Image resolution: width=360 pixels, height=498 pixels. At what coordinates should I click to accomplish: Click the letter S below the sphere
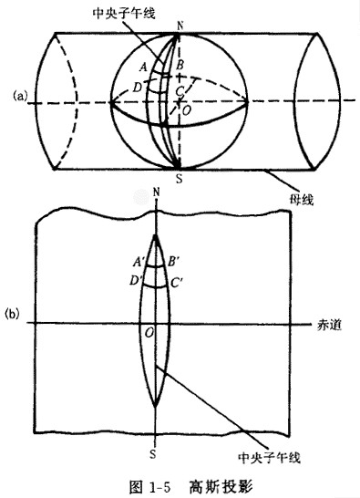(x=179, y=179)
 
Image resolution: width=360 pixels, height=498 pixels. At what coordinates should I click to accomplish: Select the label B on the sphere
(x=180, y=66)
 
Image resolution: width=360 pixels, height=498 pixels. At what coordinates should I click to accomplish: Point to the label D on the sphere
(x=137, y=87)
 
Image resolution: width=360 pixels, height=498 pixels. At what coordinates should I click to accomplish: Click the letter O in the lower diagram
(x=149, y=335)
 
